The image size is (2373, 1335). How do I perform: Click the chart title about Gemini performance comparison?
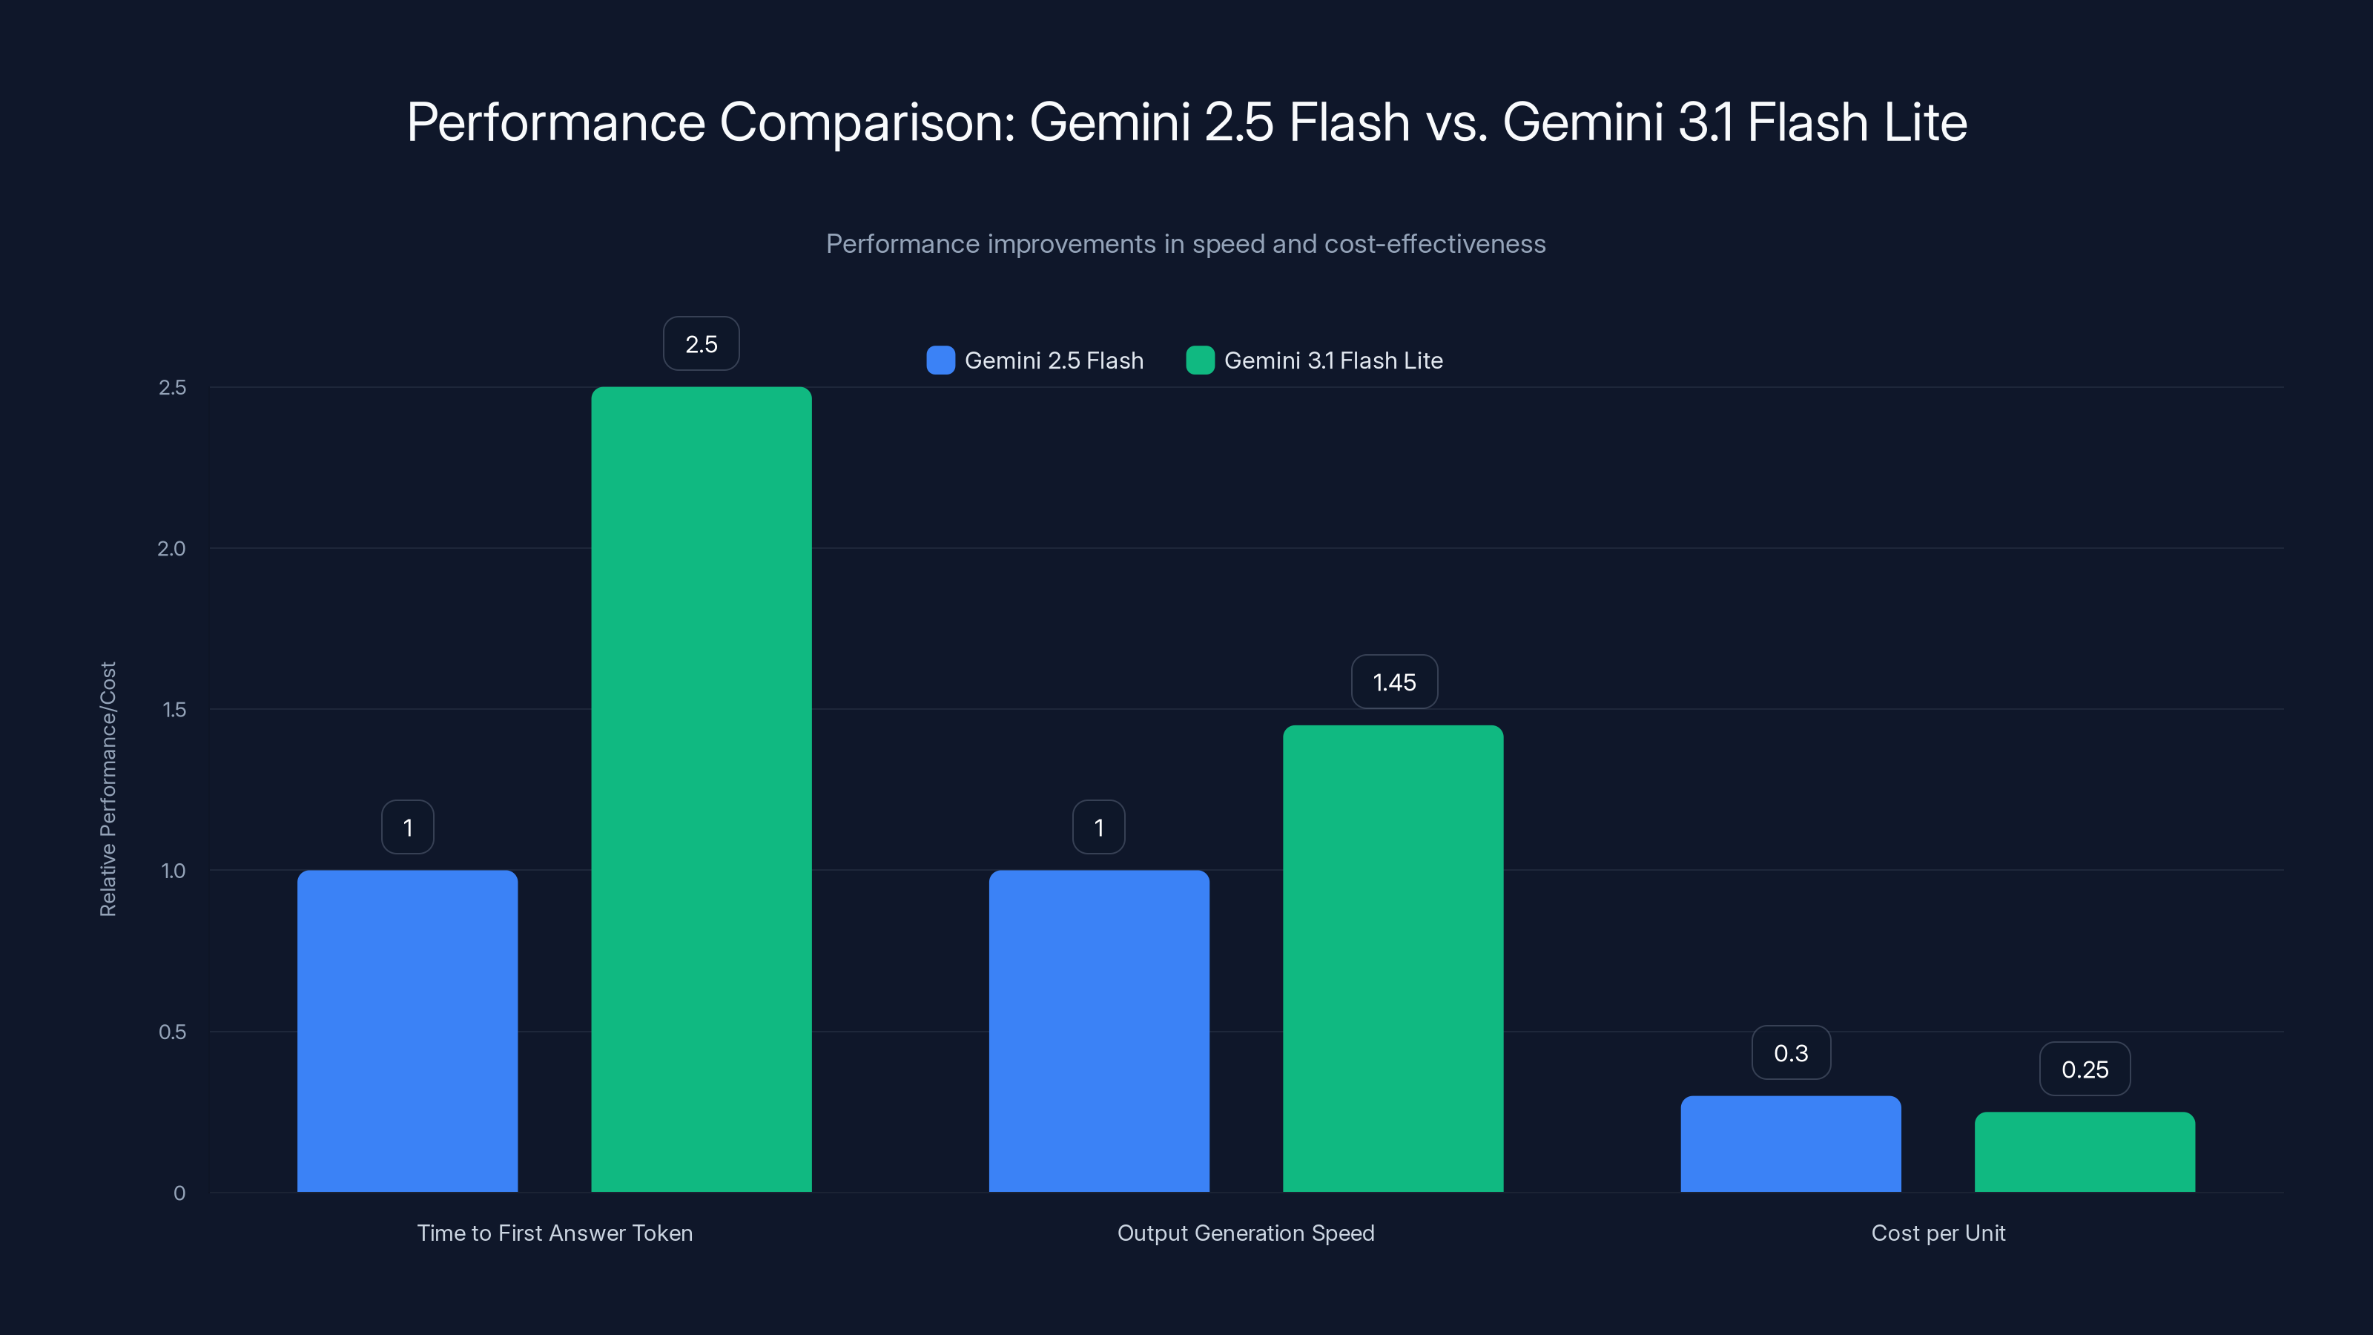1186,122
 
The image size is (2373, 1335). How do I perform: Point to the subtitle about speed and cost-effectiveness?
1186,244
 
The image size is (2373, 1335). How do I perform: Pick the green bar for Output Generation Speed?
1393,958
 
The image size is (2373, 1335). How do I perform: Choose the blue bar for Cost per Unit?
1790,1144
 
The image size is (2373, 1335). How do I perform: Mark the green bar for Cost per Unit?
2084,1152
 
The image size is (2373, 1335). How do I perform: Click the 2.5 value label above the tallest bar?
701,343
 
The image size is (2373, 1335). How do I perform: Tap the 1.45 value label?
1394,682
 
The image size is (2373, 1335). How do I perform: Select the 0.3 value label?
1791,1053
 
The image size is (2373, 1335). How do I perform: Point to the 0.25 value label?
2085,1069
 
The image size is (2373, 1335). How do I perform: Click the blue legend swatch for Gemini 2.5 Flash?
940,360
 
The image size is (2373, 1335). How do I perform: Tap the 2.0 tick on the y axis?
171,549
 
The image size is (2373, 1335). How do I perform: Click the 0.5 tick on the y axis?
172,1032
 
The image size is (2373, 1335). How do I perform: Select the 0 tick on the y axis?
179,1193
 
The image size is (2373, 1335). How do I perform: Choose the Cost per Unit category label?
1938,1233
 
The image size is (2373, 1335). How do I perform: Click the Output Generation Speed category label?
1246,1233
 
